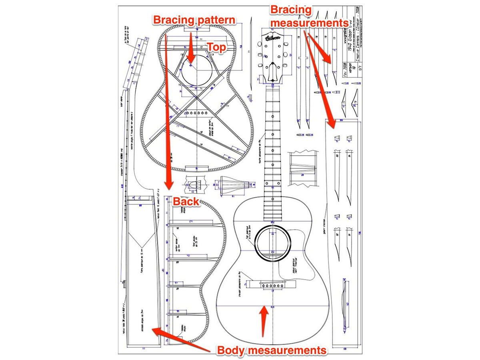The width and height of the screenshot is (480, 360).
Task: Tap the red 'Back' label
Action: point(186,201)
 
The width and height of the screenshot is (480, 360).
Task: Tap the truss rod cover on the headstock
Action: point(273,72)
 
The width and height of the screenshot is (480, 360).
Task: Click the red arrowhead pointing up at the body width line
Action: point(263,310)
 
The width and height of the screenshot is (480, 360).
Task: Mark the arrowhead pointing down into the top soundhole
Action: point(191,60)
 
